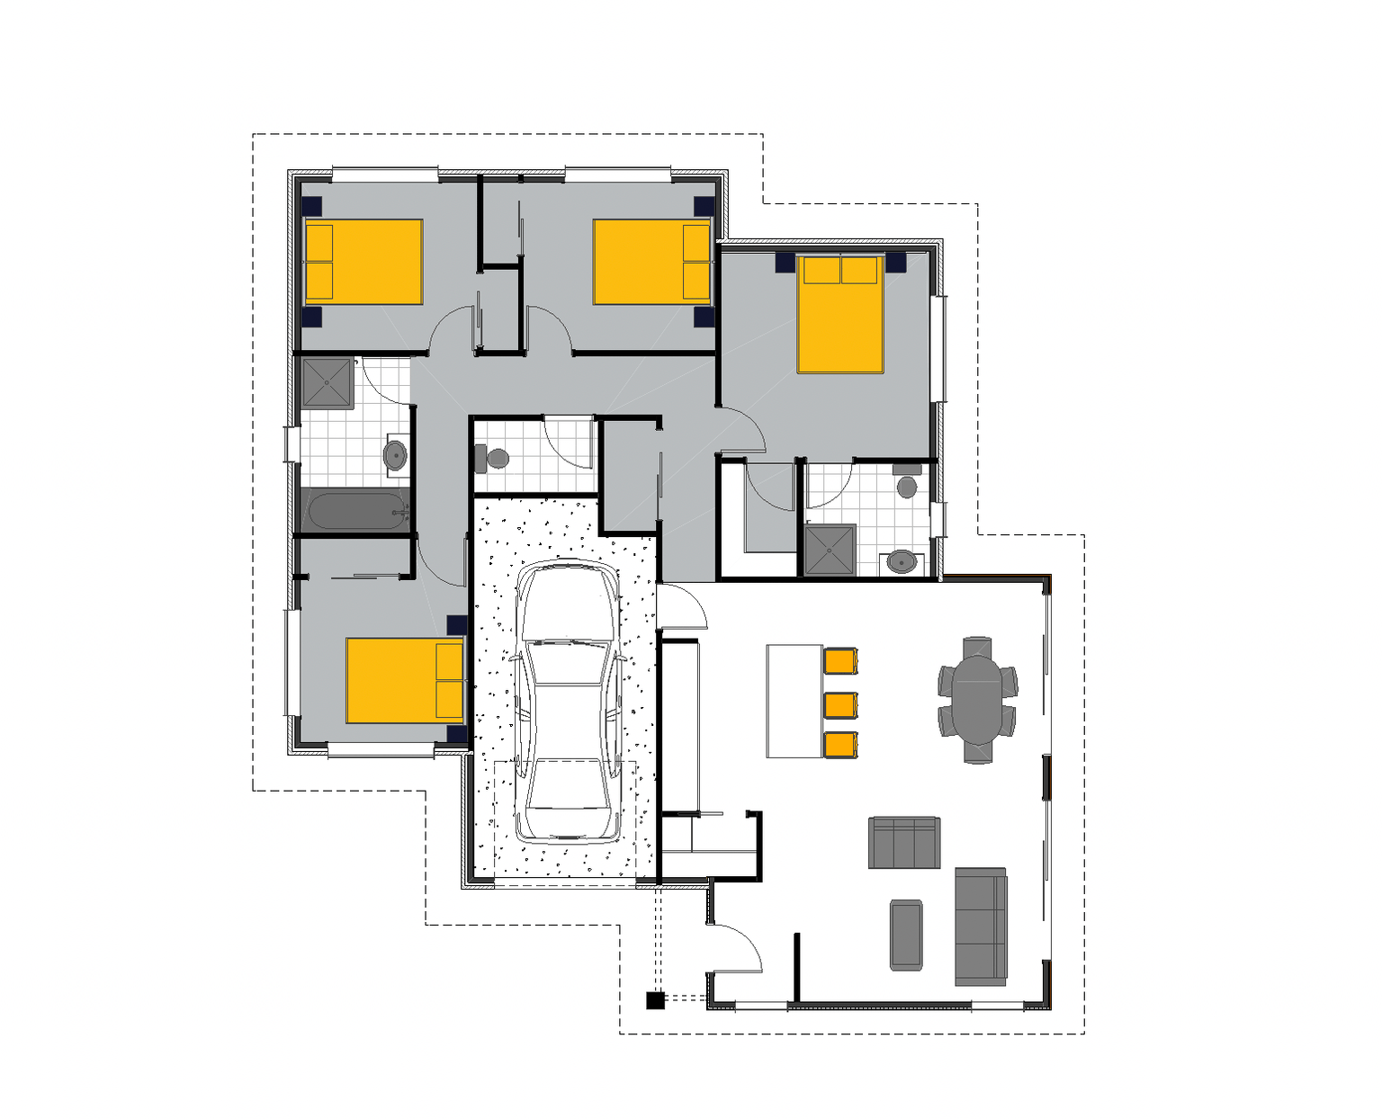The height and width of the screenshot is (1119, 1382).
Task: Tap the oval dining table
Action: click(977, 698)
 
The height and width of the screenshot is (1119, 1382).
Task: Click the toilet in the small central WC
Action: click(494, 459)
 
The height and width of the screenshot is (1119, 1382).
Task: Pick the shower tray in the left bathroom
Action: click(327, 382)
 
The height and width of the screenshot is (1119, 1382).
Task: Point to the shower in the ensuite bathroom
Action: click(829, 551)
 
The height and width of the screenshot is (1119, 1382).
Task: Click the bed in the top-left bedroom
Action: click(363, 262)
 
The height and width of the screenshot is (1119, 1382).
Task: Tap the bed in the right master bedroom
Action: click(839, 314)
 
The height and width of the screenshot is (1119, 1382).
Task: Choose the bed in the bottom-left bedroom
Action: click(404, 680)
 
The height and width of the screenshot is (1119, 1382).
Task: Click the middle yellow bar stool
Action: click(840, 704)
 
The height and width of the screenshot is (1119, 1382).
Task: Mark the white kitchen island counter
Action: click(794, 701)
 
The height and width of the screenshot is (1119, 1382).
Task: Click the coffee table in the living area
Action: click(906, 935)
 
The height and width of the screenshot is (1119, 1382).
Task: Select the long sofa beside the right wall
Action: click(980, 927)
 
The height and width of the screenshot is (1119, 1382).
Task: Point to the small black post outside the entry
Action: click(655, 999)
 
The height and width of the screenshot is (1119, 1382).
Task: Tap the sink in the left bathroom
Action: click(395, 455)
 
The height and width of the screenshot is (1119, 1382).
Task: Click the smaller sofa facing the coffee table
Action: click(904, 843)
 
